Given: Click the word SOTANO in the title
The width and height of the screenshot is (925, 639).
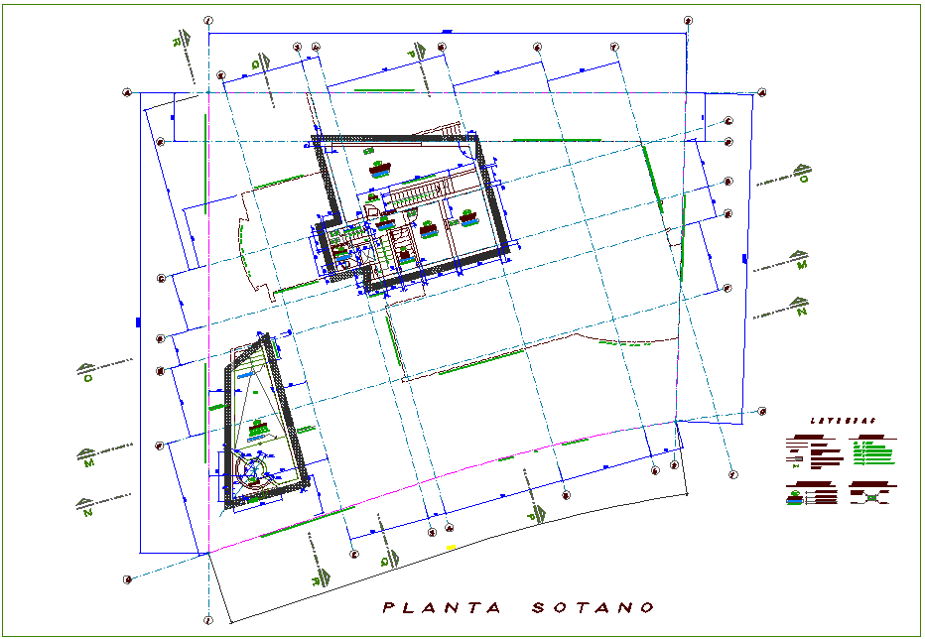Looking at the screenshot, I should coord(593,607).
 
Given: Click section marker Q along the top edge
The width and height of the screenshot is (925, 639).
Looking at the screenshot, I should coord(256,64).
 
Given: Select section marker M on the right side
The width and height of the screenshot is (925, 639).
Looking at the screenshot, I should coord(802,264).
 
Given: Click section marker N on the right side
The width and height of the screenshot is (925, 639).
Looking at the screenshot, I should coord(801,311).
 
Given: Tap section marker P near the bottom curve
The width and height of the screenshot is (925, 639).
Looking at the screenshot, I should coord(533,515).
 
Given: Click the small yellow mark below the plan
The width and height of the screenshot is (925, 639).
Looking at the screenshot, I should coord(450,547).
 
